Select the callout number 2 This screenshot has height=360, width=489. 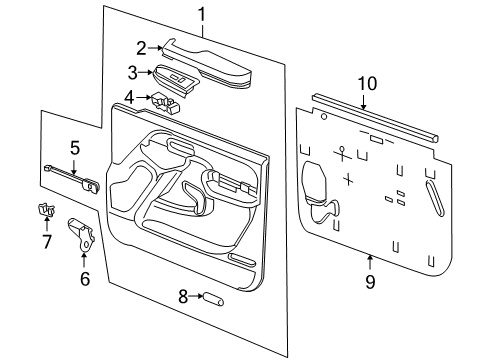(142, 46)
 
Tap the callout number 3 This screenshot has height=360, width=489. (132, 72)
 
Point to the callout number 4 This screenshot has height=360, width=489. (130, 97)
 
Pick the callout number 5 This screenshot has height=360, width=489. (74, 148)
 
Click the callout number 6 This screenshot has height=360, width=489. (84, 279)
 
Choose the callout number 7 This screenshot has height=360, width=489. (46, 241)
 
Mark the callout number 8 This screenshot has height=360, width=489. (183, 296)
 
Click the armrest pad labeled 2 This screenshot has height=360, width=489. (210, 60)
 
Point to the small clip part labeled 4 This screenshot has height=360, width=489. (163, 99)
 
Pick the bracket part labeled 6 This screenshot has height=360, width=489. (82, 235)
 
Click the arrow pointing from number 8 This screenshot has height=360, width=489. (198, 296)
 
